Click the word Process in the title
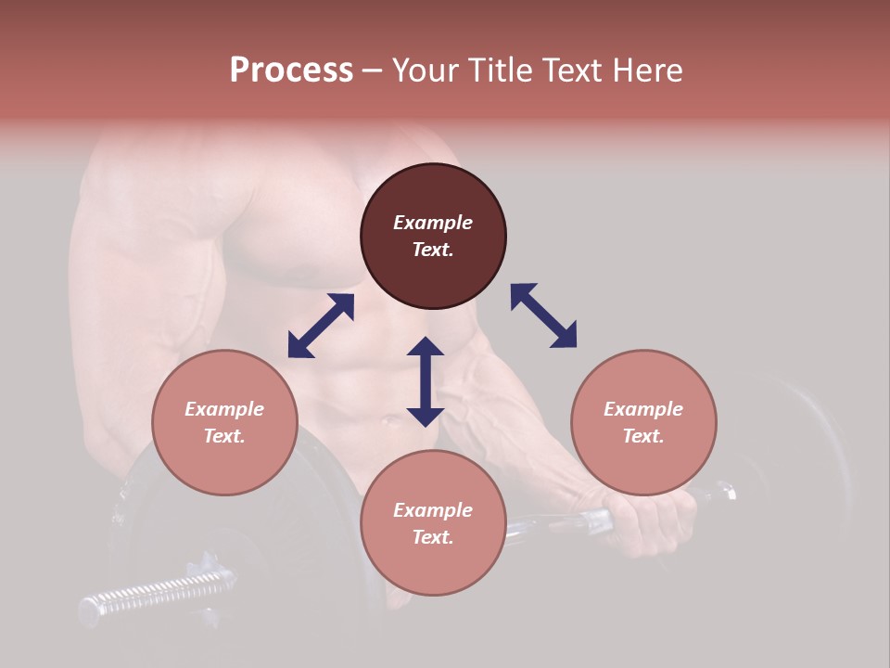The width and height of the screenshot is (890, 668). [291, 71]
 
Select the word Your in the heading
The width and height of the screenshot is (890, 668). [427, 71]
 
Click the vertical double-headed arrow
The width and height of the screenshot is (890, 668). [426, 381]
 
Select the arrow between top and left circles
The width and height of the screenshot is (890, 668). [321, 326]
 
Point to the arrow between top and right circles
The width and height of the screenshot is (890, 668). [543, 315]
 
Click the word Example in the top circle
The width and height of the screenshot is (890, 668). [433, 223]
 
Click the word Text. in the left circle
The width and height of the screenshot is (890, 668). [224, 436]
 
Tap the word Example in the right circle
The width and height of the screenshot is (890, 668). [643, 409]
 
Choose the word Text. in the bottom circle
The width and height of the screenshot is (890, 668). [433, 537]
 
